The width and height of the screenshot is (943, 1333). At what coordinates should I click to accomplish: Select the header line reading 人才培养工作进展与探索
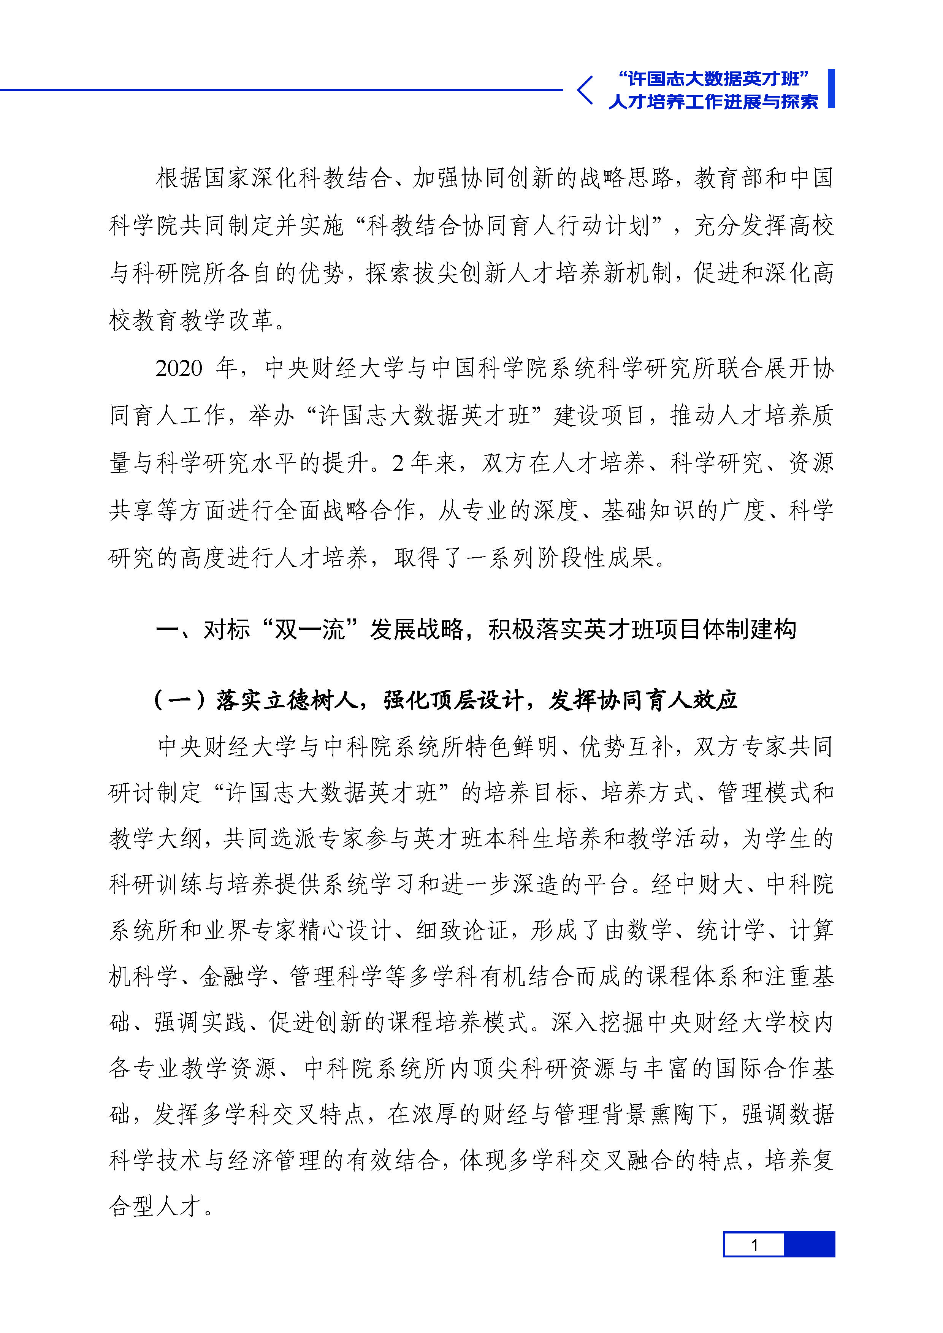tap(713, 101)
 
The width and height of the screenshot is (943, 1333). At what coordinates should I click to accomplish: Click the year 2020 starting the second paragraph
tap(179, 368)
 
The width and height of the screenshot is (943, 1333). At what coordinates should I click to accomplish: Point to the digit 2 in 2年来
tap(398, 463)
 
